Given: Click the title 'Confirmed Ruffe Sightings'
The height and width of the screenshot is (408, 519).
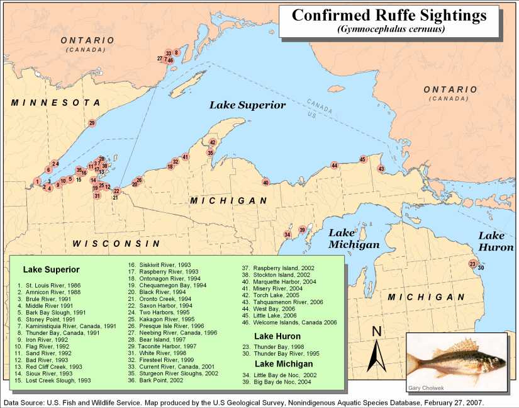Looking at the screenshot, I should pos(389,15).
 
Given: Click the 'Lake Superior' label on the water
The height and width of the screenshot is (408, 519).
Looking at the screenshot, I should pos(248,105).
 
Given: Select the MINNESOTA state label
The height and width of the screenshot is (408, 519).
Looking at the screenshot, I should pos(55,103).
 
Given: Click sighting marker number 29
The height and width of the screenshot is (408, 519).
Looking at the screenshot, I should pos(92,123).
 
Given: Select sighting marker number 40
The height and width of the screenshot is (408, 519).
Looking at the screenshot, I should pos(266,183).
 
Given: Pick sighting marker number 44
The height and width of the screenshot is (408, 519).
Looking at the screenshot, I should pos(334,166).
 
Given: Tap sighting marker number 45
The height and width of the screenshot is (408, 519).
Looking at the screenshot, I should pos(362,159).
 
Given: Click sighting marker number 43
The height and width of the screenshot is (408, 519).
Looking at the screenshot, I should pos(381,169).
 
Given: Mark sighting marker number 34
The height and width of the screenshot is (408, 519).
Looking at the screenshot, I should pos(287,235).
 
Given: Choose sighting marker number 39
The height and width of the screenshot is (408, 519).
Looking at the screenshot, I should pos(302,230).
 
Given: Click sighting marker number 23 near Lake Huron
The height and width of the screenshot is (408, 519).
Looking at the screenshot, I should pos(472,264).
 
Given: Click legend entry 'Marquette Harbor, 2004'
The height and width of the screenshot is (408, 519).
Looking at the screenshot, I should pos(282,281).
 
